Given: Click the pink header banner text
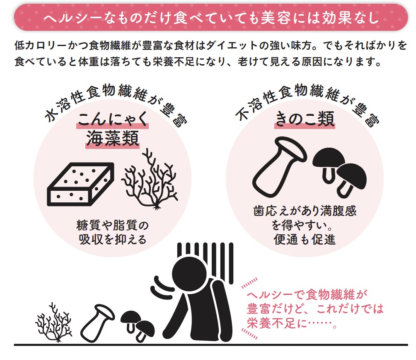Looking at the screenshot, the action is click(x=211, y=18).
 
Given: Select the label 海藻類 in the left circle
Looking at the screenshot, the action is click(x=112, y=139).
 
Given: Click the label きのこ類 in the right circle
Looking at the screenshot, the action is click(x=305, y=119).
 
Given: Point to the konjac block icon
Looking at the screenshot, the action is click(x=81, y=184).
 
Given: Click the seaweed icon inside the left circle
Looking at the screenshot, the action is click(x=150, y=179).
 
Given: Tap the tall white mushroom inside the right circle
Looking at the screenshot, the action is click(x=278, y=167).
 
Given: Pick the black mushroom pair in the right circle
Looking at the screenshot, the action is click(x=339, y=171).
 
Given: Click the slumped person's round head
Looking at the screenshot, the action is click(x=189, y=274).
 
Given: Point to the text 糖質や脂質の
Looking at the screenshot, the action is click(x=112, y=225).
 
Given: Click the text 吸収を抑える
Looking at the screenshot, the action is click(x=112, y=239).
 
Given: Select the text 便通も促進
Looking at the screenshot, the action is click(x=305, y=239).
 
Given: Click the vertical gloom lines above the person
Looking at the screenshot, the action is click(x=206, y=262).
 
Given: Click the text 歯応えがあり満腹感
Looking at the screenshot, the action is click(x=305, y=211).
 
